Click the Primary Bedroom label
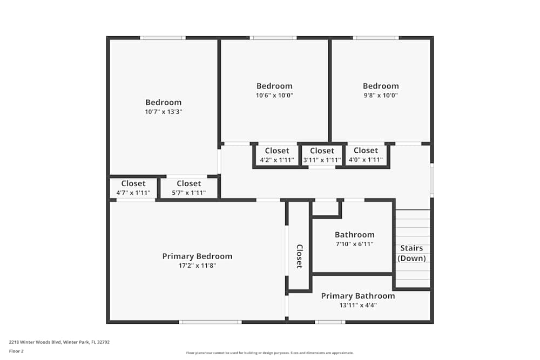[x=197, y=256]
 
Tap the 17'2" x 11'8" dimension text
[x=197, y=266]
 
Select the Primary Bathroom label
[x=357, y=296]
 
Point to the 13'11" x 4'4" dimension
[x=357, y=305]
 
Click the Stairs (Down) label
[x=412, y=253]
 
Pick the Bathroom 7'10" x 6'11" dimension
[x=354, y=244]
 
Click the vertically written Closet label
[x=299, y=256]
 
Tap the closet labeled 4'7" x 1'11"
[x=133, y=188]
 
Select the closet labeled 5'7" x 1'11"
[x=188, y=188]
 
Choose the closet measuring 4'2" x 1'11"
[x=277, y=155]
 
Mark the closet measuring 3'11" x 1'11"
[x=322, y=155]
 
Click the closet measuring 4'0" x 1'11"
[x=366, y=155]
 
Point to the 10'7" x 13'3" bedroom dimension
[x=163, y=112]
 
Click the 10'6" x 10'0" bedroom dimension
[x=274, y=96]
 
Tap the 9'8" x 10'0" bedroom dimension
[x=381, y=96]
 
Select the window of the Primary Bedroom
[x=210, y=322]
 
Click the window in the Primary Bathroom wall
[x=330, y=322]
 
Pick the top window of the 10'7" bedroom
[x=163, y=38]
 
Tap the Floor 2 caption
[x=16, y=351]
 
